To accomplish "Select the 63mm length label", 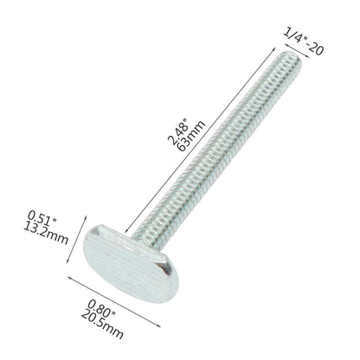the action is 191,136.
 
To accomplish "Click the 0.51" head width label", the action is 42,218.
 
